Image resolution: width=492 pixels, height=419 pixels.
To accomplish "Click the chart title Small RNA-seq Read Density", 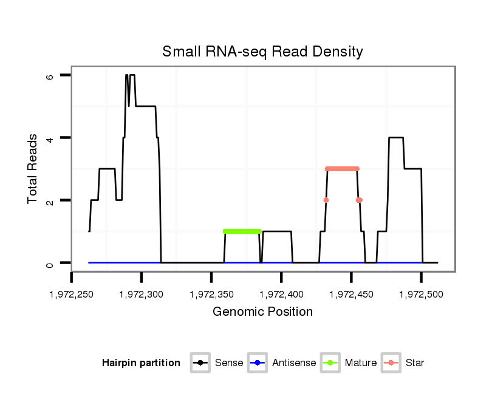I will pos(262,52).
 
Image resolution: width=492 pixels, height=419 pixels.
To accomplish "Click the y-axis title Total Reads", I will pos(34,169).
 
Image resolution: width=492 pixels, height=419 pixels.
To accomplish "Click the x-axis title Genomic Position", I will pos(262,312).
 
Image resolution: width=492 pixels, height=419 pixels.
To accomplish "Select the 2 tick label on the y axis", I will pos(50,200).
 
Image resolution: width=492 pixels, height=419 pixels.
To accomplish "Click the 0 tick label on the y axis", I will pos(50,263).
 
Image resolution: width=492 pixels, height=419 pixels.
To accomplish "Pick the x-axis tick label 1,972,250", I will pos(72,295).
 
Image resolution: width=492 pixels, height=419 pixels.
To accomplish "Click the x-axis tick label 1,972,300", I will pos(142,295).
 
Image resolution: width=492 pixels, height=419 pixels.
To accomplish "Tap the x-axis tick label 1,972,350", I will pos(211,295).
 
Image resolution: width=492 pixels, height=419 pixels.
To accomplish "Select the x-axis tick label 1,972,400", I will pos(281,295).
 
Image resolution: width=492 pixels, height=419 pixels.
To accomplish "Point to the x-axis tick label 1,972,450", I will pos(351,295).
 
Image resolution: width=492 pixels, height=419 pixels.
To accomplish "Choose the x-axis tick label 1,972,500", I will pos(421,295).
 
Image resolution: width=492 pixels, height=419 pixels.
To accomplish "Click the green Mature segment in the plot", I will pos(242,231).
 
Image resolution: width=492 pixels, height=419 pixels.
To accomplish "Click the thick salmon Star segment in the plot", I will pos(342,169).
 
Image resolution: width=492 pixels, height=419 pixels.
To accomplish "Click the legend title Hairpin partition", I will pos(141,363).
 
